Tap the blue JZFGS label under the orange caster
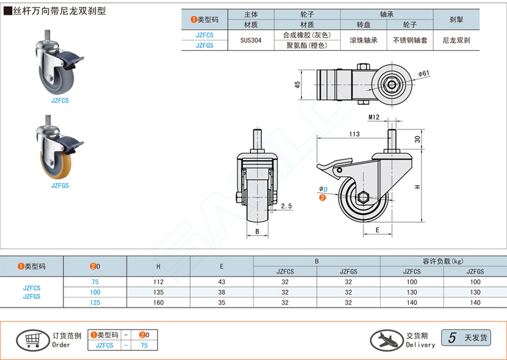[x=60, y=186]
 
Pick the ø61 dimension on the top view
[x=424, y=73]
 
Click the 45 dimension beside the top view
[x=296, y=85]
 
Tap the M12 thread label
[x=374, y=117]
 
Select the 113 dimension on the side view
[x=353, y=134]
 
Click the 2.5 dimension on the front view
[x=286, y=207]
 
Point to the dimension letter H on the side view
[x=418, y=186]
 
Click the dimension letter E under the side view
[x=378, y=229]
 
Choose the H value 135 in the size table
[x=159, y=292]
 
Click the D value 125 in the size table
[x=95, y=303]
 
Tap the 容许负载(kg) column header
[x=442, y=261]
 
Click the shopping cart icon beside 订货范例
[x=32, y=340]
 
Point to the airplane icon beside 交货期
[x=386, y=339]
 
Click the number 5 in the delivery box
[x=453, y=338]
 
